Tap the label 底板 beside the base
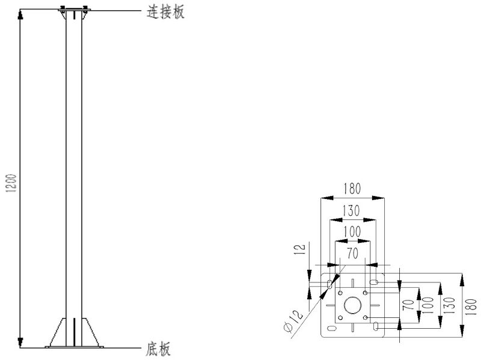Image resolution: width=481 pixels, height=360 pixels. click(158, 349)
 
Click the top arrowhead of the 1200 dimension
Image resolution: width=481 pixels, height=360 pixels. click(20, 14)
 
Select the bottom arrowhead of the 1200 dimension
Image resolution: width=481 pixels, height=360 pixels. click(20, 343)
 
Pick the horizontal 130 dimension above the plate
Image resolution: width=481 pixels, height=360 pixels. click(352, 211)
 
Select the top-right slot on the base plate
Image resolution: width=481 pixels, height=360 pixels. click(373, 282)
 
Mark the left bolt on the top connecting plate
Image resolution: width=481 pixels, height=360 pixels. click(62, 8)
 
